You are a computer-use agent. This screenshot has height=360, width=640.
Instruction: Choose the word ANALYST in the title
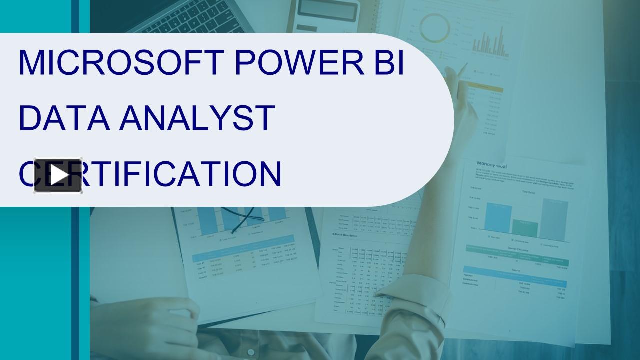197,119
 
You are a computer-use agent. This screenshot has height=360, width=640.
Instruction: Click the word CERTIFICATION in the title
150,174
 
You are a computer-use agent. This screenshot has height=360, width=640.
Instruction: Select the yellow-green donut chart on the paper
434,28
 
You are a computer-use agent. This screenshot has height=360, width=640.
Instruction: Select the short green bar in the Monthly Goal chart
525,228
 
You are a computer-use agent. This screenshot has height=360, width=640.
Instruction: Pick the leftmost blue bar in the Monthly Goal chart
498,218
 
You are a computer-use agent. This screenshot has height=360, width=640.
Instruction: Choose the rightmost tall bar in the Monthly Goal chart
554,220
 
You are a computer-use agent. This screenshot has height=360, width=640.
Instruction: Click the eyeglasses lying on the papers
245,217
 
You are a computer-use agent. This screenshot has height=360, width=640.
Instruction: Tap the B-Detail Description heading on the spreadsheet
345,234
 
